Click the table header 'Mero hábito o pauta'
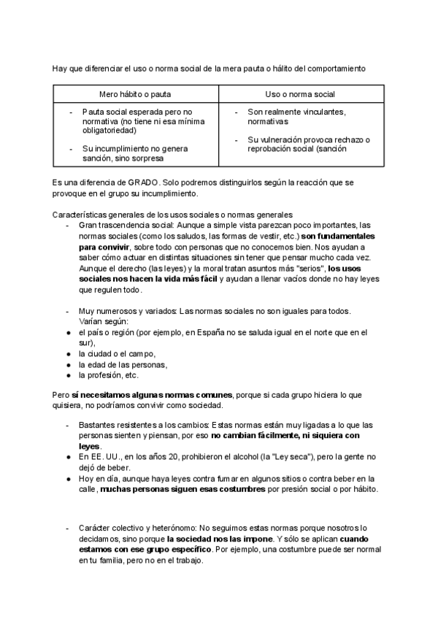point(135,95)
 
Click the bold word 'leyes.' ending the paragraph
point(91,445)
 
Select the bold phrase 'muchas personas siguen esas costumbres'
point(182,488)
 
